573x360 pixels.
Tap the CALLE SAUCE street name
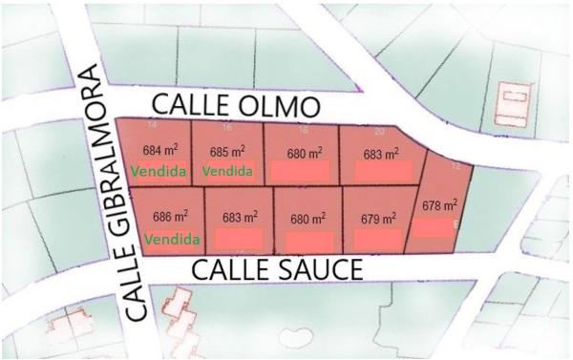278,270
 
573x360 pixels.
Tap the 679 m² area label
377,218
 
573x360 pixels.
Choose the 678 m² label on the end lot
439,204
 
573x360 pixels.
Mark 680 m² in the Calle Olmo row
305,152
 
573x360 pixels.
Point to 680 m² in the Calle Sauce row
308,217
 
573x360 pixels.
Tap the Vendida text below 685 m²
227,172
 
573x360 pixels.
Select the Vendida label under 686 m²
171,238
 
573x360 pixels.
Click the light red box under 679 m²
376,240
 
